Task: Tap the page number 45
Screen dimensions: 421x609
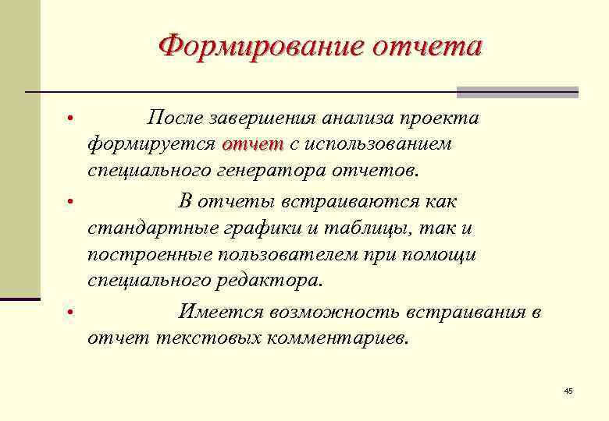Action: (568, 391)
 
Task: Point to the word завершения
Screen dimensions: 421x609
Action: (265, 118)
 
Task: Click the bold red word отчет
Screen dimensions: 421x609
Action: (252, 144)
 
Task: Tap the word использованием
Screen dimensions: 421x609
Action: (385, 144)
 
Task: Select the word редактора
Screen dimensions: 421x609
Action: (271, 280)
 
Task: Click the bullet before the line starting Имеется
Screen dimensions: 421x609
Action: (69, 313)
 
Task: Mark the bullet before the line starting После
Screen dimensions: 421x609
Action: (69, 119)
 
